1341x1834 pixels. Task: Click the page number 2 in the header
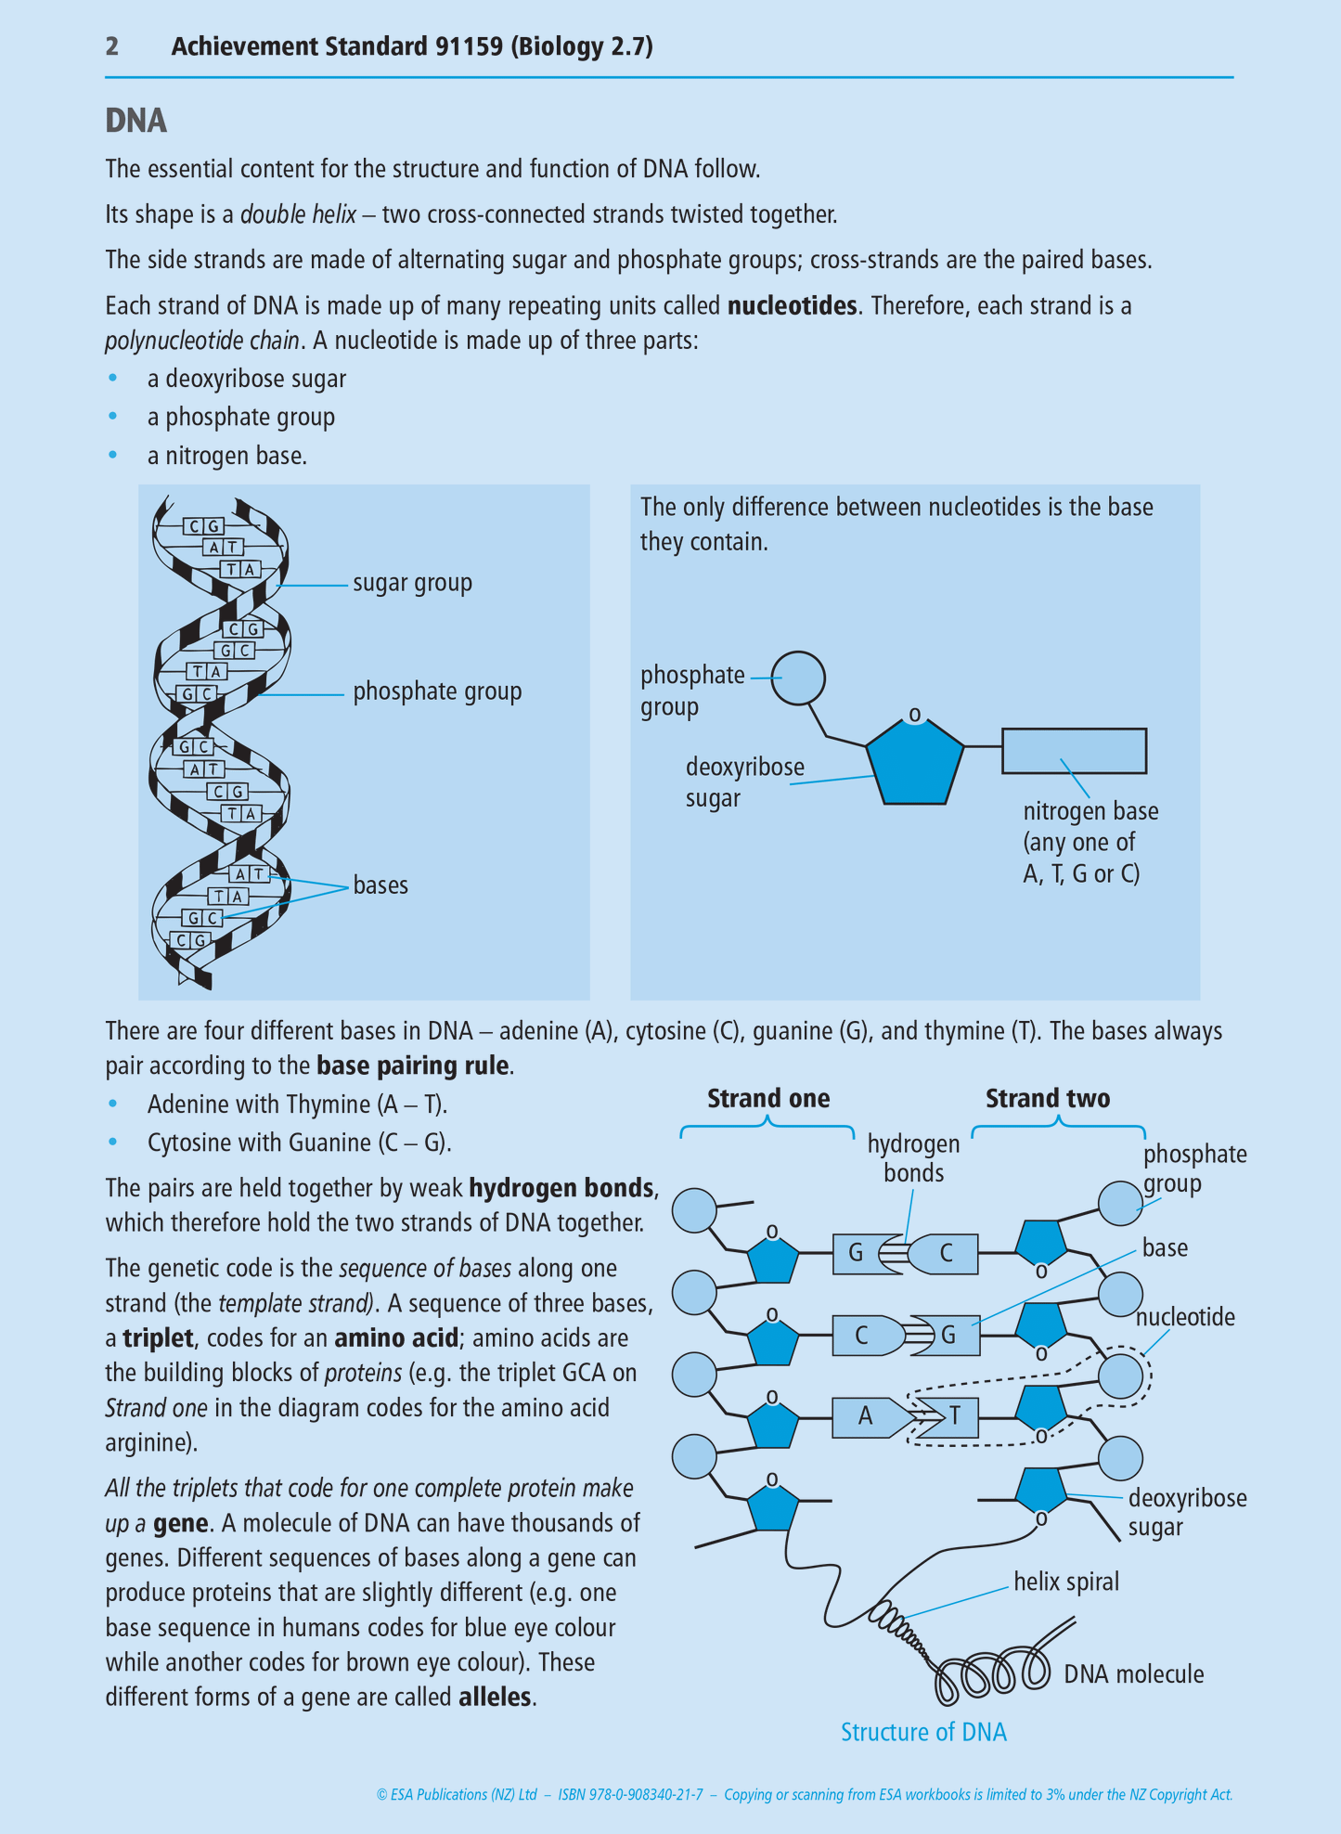111,46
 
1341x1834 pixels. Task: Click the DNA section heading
135,121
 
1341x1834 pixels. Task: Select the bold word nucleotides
792,305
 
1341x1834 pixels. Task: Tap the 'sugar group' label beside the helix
412,583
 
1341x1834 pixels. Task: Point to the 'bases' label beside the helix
380,885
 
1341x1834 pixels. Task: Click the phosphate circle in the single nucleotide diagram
798,678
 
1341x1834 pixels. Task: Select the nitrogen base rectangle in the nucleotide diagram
1074,751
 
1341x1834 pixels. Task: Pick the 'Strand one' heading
768,1099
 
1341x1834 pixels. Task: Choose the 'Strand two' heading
1048,1099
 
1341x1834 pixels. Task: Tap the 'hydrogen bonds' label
913,1158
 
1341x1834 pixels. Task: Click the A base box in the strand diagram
868,1416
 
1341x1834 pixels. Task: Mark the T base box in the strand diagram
952,1417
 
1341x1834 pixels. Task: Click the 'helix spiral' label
1066,1582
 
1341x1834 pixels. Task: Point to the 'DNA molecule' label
1133,1674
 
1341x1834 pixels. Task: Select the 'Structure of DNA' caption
923,1732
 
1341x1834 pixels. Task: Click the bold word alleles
496,1698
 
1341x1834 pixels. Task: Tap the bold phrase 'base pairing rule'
413,1066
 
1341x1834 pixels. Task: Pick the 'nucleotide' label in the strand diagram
1185,1317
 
